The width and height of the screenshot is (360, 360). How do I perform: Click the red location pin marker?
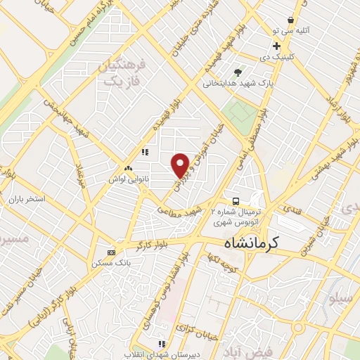coord(181,164)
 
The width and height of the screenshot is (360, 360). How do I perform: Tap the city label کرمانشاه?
coord(251,243)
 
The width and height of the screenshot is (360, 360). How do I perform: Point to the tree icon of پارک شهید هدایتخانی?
coord(238,72)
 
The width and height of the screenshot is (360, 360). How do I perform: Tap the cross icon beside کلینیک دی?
coord(276,46)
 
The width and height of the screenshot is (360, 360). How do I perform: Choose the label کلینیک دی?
coord(276,56)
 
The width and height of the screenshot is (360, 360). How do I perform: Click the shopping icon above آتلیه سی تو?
coord(290,21)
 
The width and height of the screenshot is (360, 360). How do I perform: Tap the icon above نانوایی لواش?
coord(128,169)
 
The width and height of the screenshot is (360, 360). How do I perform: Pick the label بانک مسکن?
coord(108,263)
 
